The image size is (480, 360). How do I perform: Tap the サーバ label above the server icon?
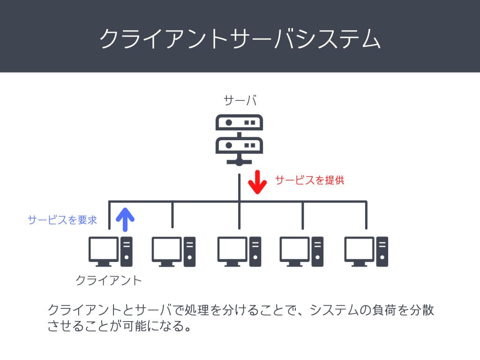(x=240, y=99)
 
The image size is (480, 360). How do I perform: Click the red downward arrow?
(x=257, y=183)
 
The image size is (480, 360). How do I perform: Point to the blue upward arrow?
(x=125, y=219)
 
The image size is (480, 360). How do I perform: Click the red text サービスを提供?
(x=309, y=180)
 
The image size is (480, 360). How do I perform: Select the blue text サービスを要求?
(x=62, y=220)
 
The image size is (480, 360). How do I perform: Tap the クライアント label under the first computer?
(x=109, y=280)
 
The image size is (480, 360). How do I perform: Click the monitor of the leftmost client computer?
(x=104, y=250)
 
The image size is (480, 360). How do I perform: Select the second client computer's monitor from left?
(x=166, y=250)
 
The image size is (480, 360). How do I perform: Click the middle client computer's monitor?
(x=232, y=250)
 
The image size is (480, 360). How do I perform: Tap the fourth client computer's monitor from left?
(x=295, y=250)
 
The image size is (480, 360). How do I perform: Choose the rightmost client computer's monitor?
(x=359, y=250)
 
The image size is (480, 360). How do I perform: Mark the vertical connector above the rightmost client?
(x=366, y=215)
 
